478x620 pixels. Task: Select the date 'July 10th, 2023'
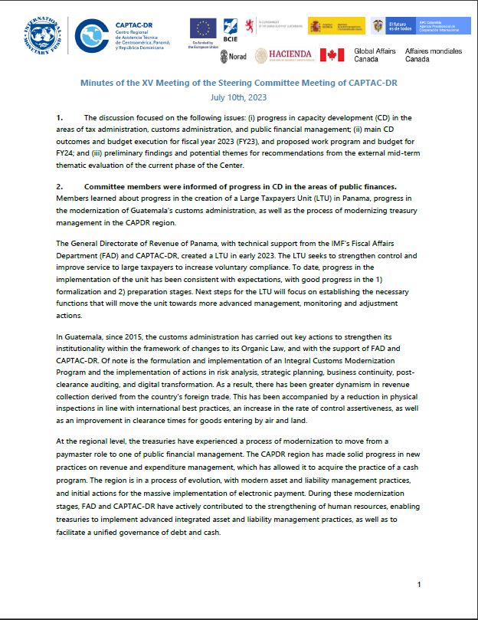240,98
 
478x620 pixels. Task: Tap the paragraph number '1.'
60,118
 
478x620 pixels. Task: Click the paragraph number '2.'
60,187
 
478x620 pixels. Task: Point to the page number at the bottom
419,585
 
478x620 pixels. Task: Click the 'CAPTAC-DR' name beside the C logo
135,24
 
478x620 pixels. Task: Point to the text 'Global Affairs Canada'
375,55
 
